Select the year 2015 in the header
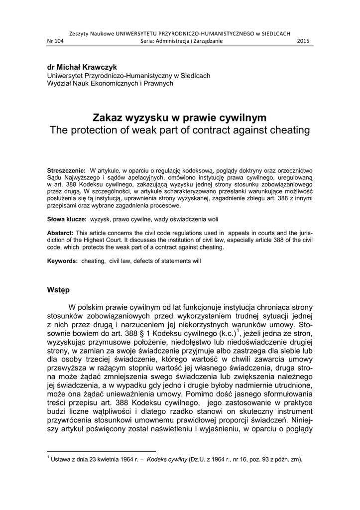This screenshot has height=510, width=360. pyautogui.click(x=303, y=41)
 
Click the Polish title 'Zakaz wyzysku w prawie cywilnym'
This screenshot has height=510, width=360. pyautogui.click(x=180, y=119)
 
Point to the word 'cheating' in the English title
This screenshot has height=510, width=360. pyautogui.click(x=290, y=130)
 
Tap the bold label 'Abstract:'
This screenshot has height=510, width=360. pyautogui.click(x=60, y=233)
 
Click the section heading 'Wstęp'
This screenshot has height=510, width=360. pyautogui.click(x=58, y=289)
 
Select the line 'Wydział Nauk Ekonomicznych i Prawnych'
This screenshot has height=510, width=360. pyautogui.click(x=110, y=83)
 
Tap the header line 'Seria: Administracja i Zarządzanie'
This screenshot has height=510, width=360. pyautogui.click(x=181, y=41)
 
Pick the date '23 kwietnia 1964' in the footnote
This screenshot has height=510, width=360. pyautogui.click(x=102, y=459)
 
